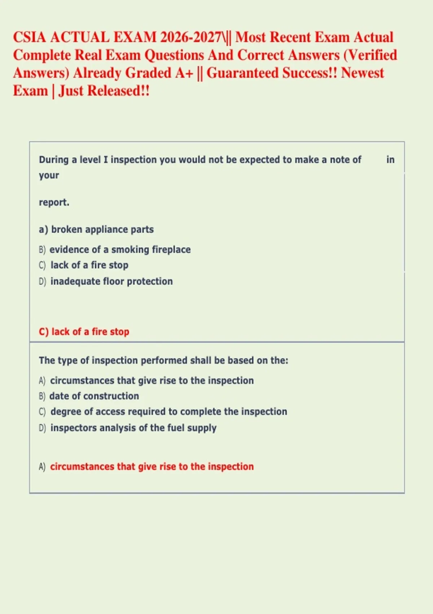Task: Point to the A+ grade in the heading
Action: [x=184, y=73]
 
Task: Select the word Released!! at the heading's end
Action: [x=118, y=91]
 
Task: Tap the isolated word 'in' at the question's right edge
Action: [x=390, y=160]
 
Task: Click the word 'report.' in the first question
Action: [x=54, y=202]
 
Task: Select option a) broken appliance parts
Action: [x=96, y=229]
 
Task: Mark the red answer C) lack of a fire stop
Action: [x=84, y=332]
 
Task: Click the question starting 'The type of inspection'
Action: [x=163, y=360]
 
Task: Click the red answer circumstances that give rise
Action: [x=152, y=467]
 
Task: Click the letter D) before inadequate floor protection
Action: [x=43, y=281]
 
